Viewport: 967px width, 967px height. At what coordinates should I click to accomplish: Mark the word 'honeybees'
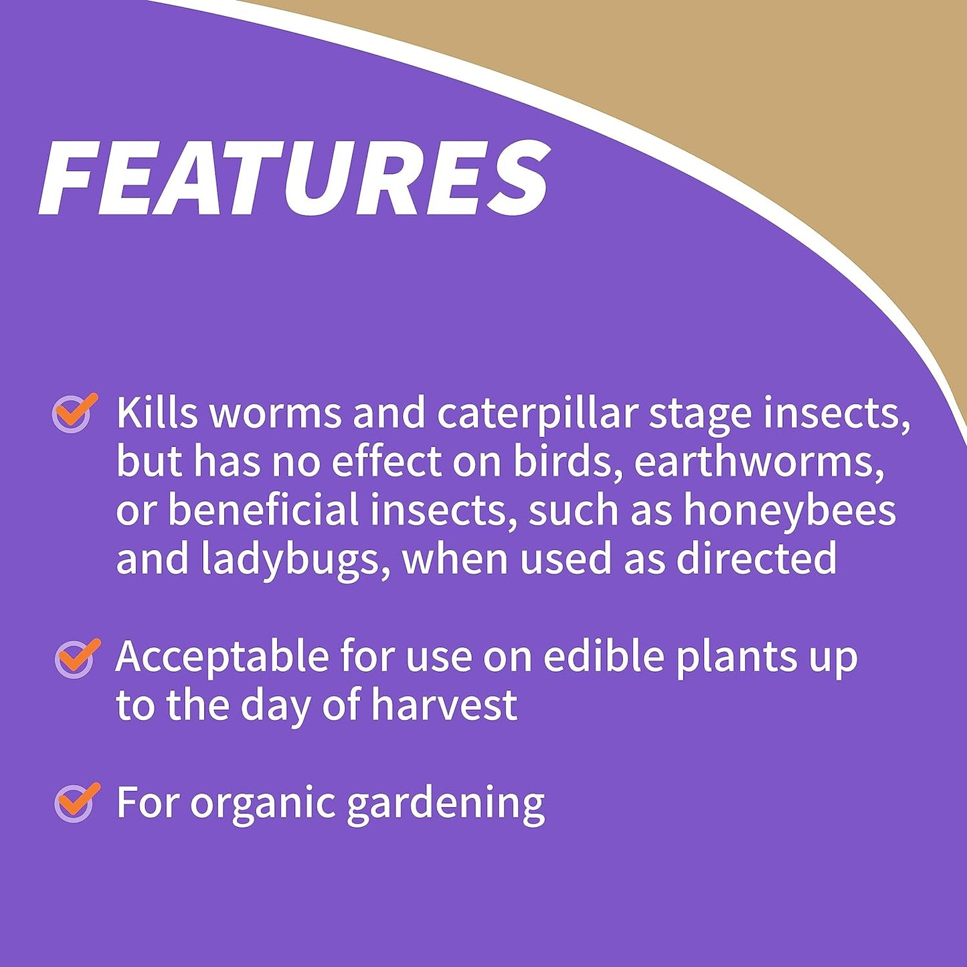click(x=789, y=510)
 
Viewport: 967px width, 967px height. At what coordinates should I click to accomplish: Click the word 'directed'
click(x=756, y=558)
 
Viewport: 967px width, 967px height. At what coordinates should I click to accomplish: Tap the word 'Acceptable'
click(x=222, y=657)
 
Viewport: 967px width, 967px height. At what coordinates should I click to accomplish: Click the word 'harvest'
click(x=444, y=705)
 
